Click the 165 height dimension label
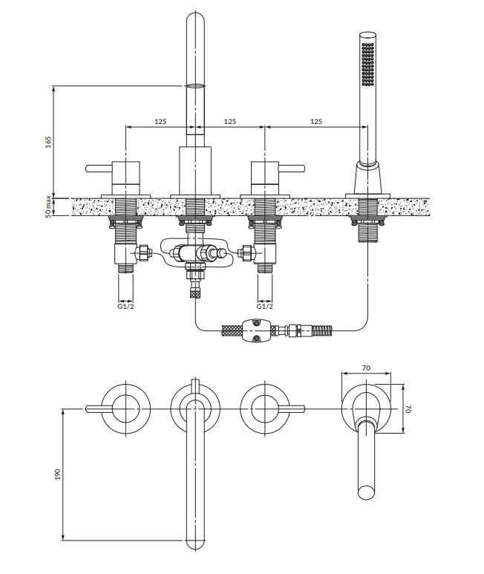click(48, 142)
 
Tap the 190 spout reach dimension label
click(57, 474)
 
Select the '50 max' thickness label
click(48, 207)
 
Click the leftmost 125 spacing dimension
click(160, 121)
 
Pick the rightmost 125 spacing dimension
click(316, 121)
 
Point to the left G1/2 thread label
click(125, 306)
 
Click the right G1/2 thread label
click(264, 306)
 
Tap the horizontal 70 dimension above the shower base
click(366, 368)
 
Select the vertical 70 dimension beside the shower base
click(408, 408)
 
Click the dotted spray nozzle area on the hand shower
click(367, 65)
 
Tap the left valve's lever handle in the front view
click(99, 169)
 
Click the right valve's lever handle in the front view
click(291, 169)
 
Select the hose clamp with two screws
click(256, 330)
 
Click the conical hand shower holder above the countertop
click(367, 179)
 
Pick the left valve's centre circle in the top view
click(126, 408)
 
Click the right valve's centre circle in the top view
click(264, 408)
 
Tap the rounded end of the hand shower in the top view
click(366, 492)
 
